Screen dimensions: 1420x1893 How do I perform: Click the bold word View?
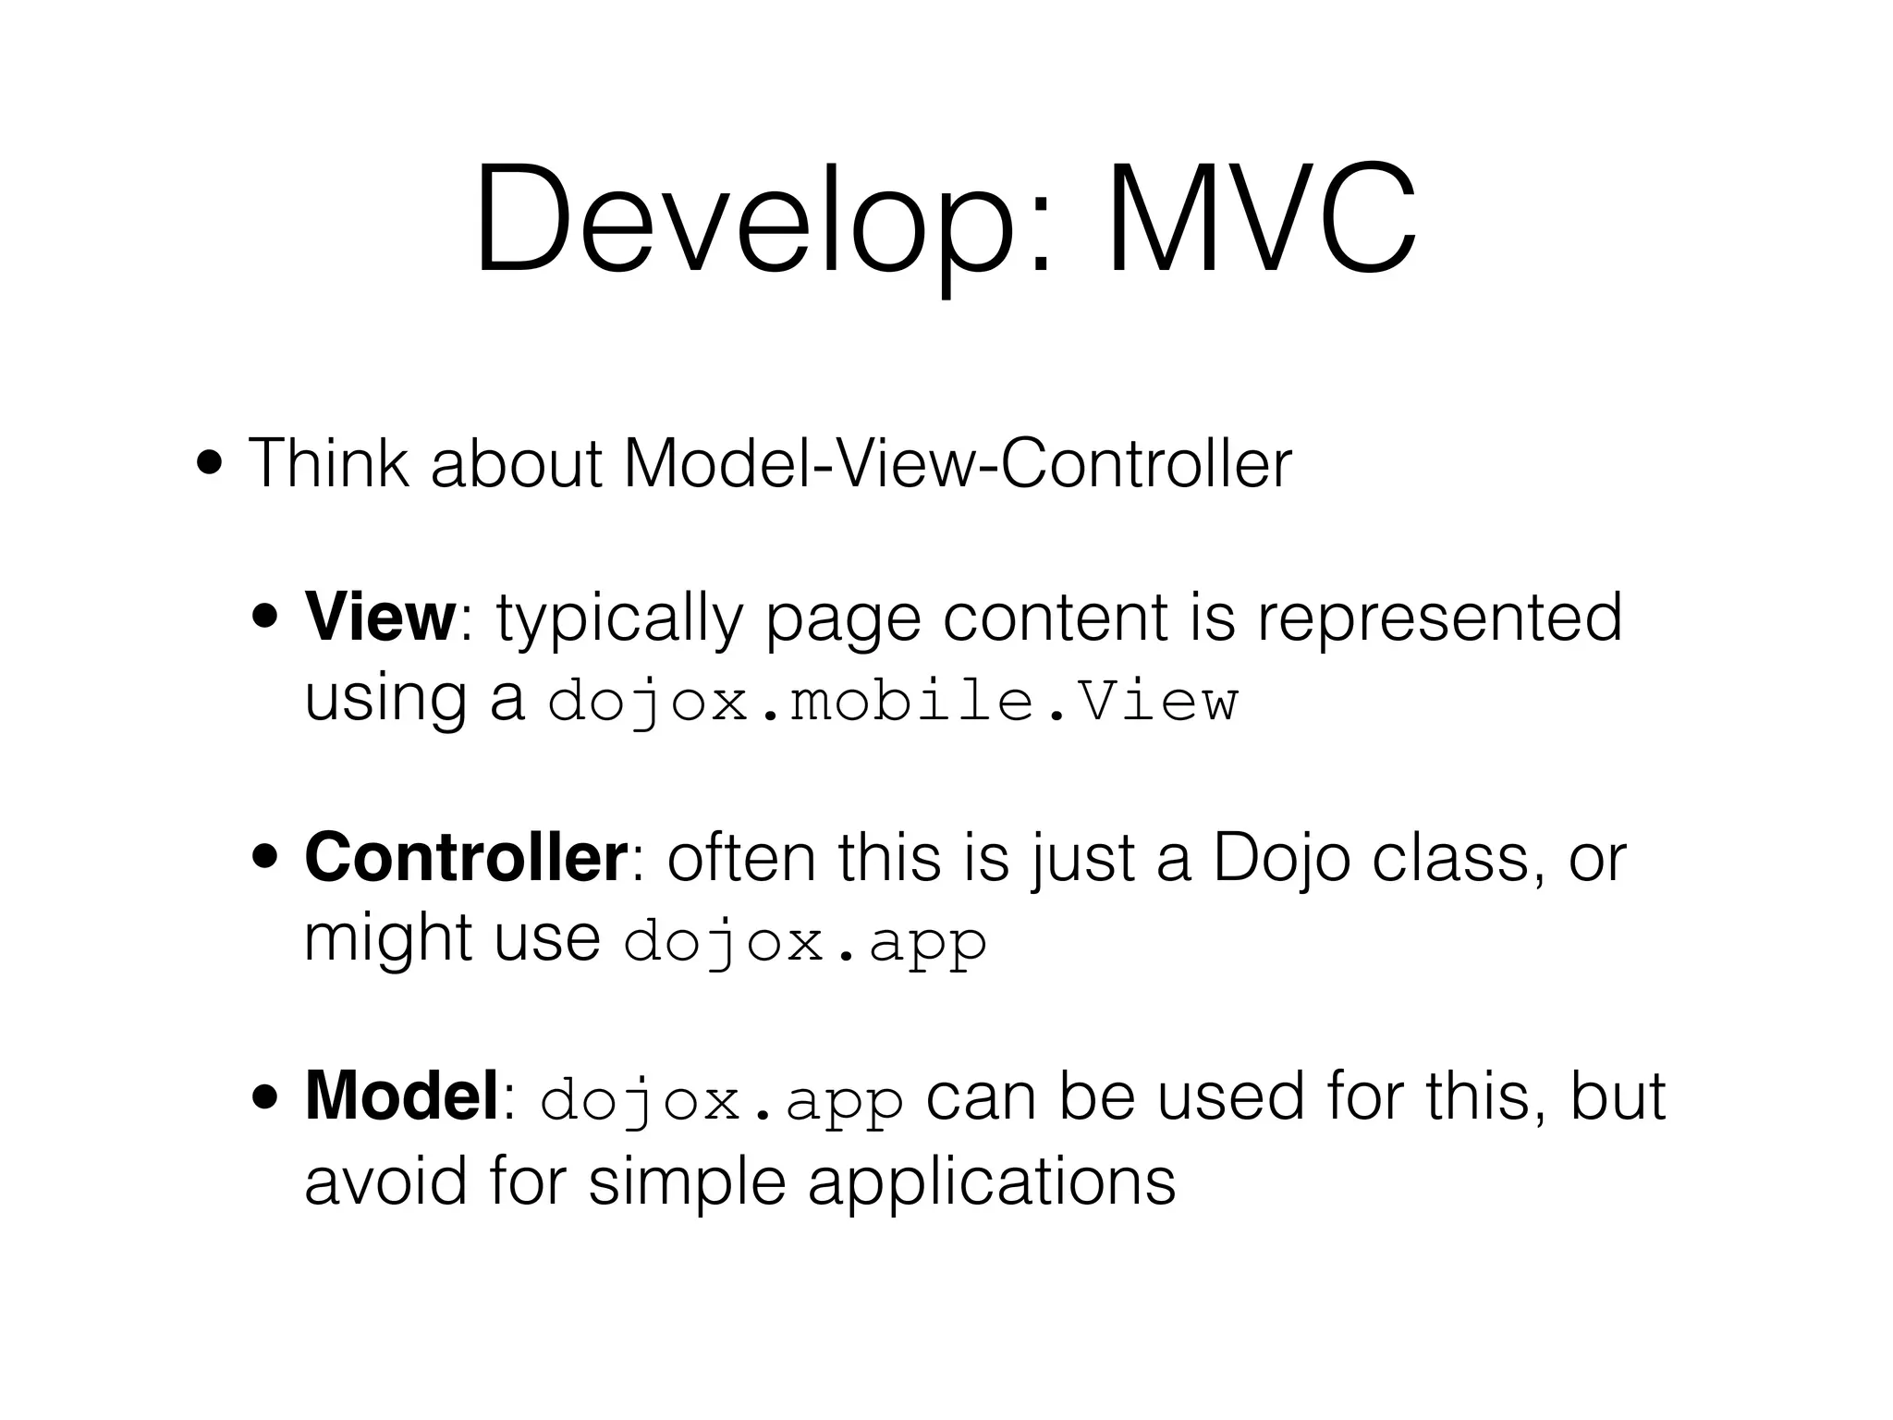[380, 617]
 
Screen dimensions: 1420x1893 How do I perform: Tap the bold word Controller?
[466, 858]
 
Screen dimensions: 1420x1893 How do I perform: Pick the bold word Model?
[401, 1096]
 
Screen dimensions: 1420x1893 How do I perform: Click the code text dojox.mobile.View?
[892, 702]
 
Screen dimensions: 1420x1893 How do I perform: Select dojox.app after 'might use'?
[805, 942]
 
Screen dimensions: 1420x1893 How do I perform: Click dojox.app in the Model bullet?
[721, 1100]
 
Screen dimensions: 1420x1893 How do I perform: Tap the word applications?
[991, 1181]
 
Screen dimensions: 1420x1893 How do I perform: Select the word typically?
[619, 618]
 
